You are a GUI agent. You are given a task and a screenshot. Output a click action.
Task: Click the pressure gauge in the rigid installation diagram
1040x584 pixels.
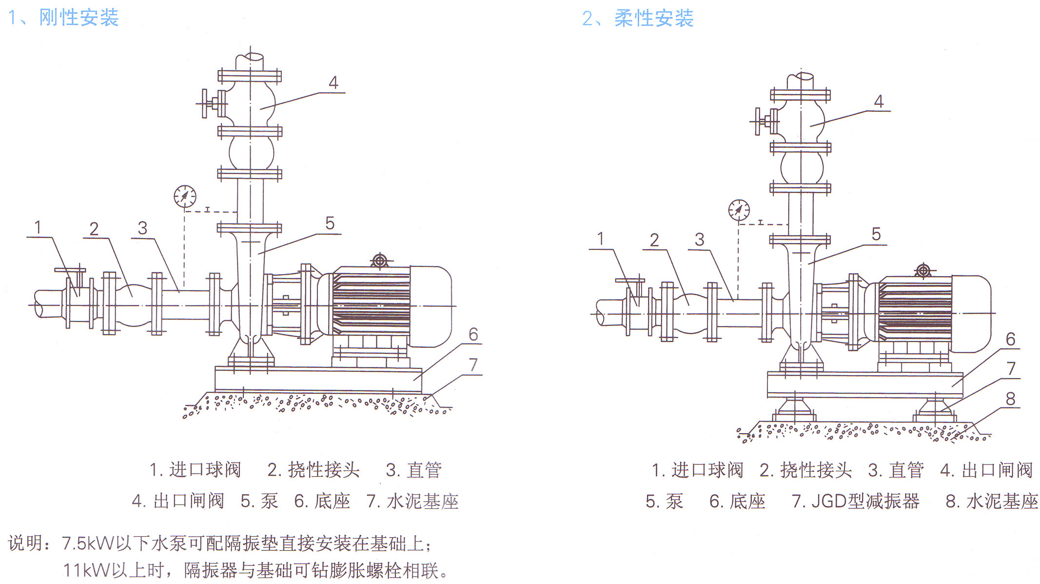(x=185, y=197)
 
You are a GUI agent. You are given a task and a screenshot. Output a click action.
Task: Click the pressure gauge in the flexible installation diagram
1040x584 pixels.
(x=739, y=210)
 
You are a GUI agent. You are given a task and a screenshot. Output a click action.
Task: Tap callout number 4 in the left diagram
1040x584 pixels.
(x=333, y=82)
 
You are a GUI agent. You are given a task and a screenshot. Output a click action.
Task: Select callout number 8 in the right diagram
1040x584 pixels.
(x=1010, y=399)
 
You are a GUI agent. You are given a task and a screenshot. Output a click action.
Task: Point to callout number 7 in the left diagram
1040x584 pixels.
(x=473, y=365)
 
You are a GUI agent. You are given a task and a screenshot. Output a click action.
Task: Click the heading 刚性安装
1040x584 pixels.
(x=78, y=18)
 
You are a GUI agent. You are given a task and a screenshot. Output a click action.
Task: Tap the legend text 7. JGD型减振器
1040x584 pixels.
(x=855, y=501)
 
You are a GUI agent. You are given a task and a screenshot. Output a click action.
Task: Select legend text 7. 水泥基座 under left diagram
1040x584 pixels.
(x=412, y=501)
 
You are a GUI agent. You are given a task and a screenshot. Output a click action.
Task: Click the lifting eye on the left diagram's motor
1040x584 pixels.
(x=379, y=261)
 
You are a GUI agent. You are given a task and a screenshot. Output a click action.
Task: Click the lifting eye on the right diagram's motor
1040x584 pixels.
(x=923, y=270)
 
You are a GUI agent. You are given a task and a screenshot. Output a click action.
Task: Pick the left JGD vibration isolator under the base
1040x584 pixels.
(x=794, y=409)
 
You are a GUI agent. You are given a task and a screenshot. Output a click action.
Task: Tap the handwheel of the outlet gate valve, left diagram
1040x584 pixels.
(x=205, y=103)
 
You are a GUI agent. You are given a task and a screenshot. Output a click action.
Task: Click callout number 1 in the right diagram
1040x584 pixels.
(x=600, y=239)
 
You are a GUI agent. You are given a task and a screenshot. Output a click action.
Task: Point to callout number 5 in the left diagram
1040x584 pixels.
(x=330, y=223)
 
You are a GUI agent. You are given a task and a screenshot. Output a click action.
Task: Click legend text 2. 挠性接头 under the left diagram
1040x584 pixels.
(x=314, y=469)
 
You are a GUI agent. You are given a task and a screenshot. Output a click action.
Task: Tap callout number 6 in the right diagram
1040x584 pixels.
(x=1010, y=339)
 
